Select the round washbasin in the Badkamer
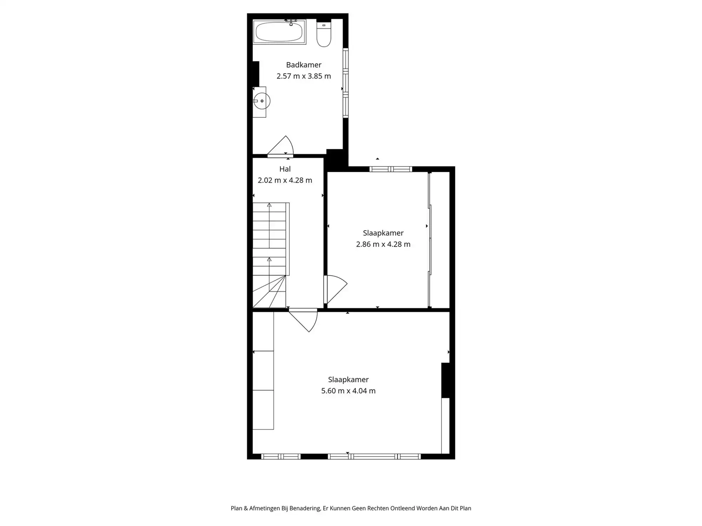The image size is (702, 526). (x=261, y=101)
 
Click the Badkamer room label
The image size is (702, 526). (x=304, y=65)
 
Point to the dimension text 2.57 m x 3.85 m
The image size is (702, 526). (x=304, y=76)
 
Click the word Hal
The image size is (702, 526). (x=285, y=169)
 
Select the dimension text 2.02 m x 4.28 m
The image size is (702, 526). (x=285, y=180)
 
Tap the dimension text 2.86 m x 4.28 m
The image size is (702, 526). (x=383, y=244)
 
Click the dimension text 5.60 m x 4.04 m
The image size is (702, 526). (x=348, y=391)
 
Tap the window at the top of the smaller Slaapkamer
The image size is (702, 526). (x=390, y=169)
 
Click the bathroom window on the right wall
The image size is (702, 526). (x=345, y=83)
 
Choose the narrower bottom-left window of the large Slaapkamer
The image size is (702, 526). (x=281, y=457)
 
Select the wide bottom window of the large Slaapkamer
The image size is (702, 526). (x=374, y=457)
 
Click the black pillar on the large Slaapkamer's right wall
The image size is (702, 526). (x=446, y=380)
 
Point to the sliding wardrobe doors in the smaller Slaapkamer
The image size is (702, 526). (x=430, y=240)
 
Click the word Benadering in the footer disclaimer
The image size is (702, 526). (x=305, y=508)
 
